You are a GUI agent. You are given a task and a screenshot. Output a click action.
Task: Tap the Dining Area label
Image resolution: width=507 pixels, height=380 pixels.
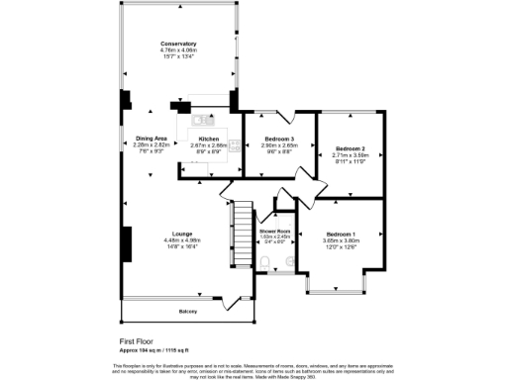coord(152,138)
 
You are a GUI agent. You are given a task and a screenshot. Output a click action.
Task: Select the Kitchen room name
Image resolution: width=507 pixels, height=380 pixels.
coord(208,138)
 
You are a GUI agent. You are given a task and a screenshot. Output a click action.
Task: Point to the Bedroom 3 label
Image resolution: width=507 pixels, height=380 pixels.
coord(280,138)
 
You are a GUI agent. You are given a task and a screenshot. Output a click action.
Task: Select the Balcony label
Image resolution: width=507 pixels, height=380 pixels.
coord(188,312)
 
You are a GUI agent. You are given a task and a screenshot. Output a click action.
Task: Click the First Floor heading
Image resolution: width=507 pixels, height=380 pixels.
coord(136,341)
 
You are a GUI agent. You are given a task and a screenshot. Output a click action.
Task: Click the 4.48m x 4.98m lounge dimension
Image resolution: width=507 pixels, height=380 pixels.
coord(181,239)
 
